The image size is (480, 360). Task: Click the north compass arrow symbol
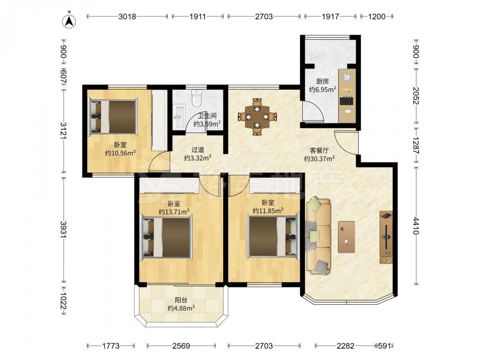click(69, 21)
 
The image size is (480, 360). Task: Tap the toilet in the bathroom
click(196, 97)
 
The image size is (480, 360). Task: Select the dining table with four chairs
click(257, 117)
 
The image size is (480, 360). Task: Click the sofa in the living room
click(318, 236)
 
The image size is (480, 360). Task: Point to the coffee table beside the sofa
click(347, 237)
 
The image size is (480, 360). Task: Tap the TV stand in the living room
click(386, 237)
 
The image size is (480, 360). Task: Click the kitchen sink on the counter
click(347, 76)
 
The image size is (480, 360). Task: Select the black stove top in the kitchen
click(347, 101)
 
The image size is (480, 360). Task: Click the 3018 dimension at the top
click(127, 16)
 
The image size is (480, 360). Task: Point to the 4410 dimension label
click(415, 226)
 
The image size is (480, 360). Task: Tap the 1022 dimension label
click(63, 301)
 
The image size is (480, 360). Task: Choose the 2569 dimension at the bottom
click(181, 346)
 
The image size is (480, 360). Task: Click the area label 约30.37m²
click(319, 158)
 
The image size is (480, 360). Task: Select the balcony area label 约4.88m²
click(181, 308)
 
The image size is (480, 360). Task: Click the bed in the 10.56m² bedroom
click(113, 117)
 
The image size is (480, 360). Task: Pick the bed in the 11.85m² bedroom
click(274, 236)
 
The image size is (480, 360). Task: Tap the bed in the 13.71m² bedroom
click(166, 237)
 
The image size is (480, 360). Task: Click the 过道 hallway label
click(198, 150)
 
